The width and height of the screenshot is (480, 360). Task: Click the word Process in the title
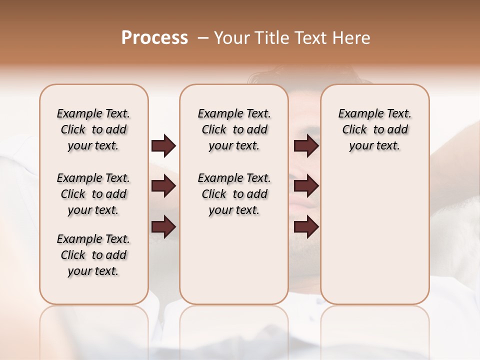click(154, 38)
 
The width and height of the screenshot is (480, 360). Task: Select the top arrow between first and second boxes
click(163, 146)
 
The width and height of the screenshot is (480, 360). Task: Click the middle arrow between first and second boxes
click(163, 186)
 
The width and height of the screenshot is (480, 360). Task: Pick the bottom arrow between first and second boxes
click(163, 226)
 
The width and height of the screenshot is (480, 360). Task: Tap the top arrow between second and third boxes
click(306, 146)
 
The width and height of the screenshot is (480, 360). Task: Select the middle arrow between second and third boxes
click(306, 186)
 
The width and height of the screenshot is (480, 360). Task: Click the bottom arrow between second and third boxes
click(306, 226)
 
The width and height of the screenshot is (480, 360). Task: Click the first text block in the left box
click(93, 129)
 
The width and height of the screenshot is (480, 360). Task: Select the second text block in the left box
click(93, 194)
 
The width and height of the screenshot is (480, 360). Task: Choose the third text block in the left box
click(93, 255)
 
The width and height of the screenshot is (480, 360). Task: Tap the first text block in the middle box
click(234, 129)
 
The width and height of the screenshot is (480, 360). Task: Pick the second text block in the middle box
click(234, 194)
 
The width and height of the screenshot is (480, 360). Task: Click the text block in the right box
click(374, 129)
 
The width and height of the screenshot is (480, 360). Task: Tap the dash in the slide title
click(203, 38)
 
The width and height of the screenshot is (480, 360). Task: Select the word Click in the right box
click(354, 130)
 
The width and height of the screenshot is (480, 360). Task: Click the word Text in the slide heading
click(310, 38)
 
